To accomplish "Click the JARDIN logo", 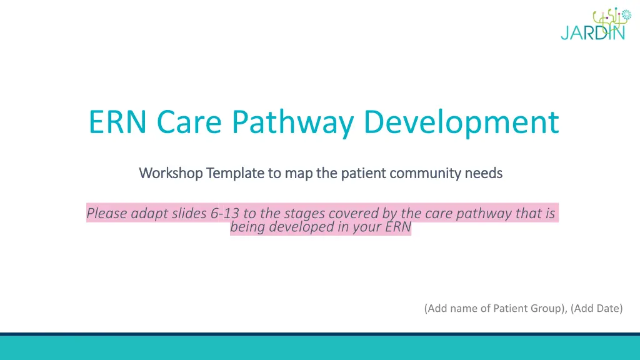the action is [x=595, y=24].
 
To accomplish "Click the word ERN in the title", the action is [x=117, y=122].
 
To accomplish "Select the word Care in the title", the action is [x=189, y=122].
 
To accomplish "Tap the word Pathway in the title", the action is [x=292, y=124].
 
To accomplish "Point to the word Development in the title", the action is [x=461, y=124].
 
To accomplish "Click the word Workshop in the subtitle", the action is [x=171, y=173].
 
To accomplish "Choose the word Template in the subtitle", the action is [x=235, y=174].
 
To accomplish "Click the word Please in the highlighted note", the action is [x=106, y=213].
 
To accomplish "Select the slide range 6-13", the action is [x=224, y=213].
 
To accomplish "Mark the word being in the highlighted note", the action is [x=247, y=227].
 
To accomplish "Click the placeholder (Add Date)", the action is [x=597, y=308].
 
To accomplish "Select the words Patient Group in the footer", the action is [x=529, y=308].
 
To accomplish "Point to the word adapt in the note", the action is [x=149, y=214].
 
